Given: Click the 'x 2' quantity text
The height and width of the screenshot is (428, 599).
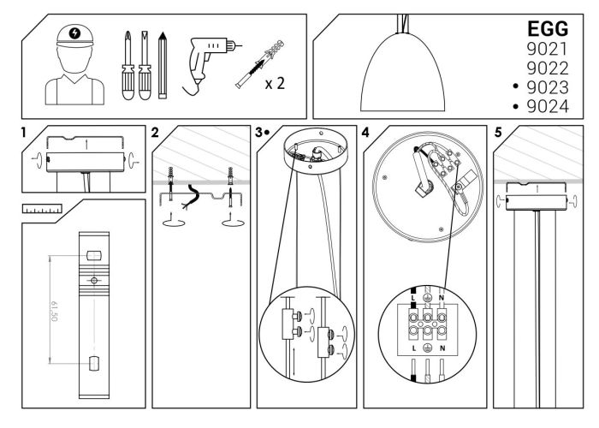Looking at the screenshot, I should pos(275,84).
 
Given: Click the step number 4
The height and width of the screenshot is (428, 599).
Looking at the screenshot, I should pos(366,133).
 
